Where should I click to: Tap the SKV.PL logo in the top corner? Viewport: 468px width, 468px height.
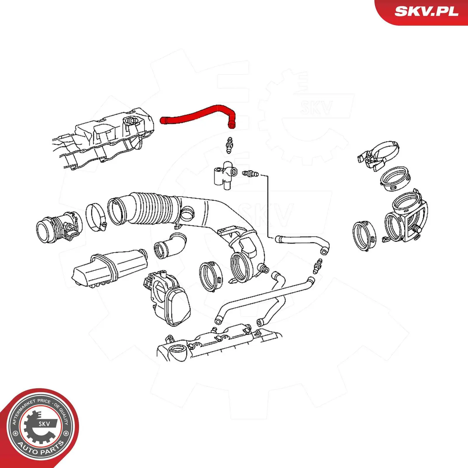tap(426, 11)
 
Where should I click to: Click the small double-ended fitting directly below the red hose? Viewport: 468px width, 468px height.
tap(230, 145)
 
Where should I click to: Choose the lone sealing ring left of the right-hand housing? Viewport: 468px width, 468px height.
tap(364, 236)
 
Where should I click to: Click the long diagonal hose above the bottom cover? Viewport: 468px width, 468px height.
tap(263, 300)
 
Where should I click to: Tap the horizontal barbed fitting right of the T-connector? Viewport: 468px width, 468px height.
tap(250, 174)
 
